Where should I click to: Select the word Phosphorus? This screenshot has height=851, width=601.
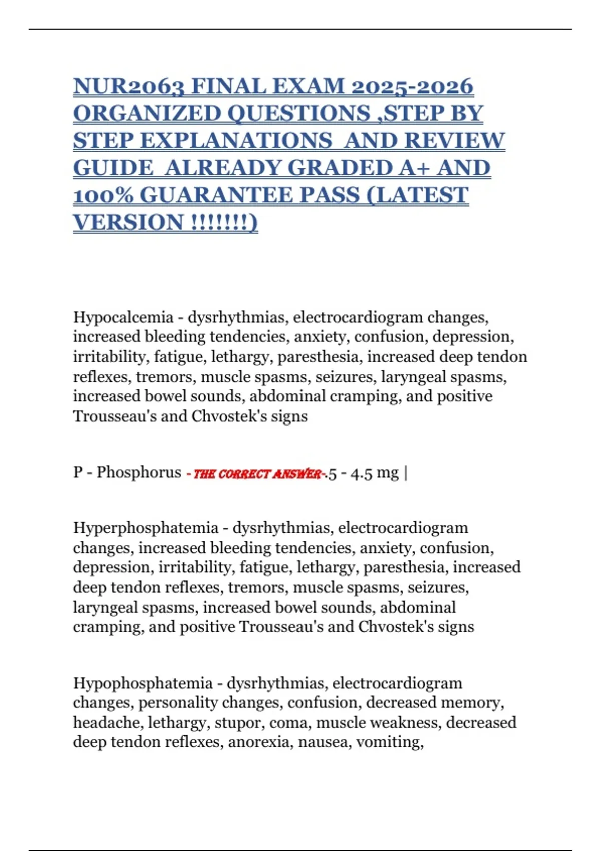tap(139, 472)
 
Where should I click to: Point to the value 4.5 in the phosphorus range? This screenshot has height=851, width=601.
tap(362, 473)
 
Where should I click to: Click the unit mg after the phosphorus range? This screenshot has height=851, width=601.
tap(388, 473)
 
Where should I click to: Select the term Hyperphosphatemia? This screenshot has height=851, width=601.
tap(146, 528)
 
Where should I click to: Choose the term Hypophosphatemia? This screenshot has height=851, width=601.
tap(143, 683)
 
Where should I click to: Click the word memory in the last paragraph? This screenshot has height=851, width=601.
tap(476, 703)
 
